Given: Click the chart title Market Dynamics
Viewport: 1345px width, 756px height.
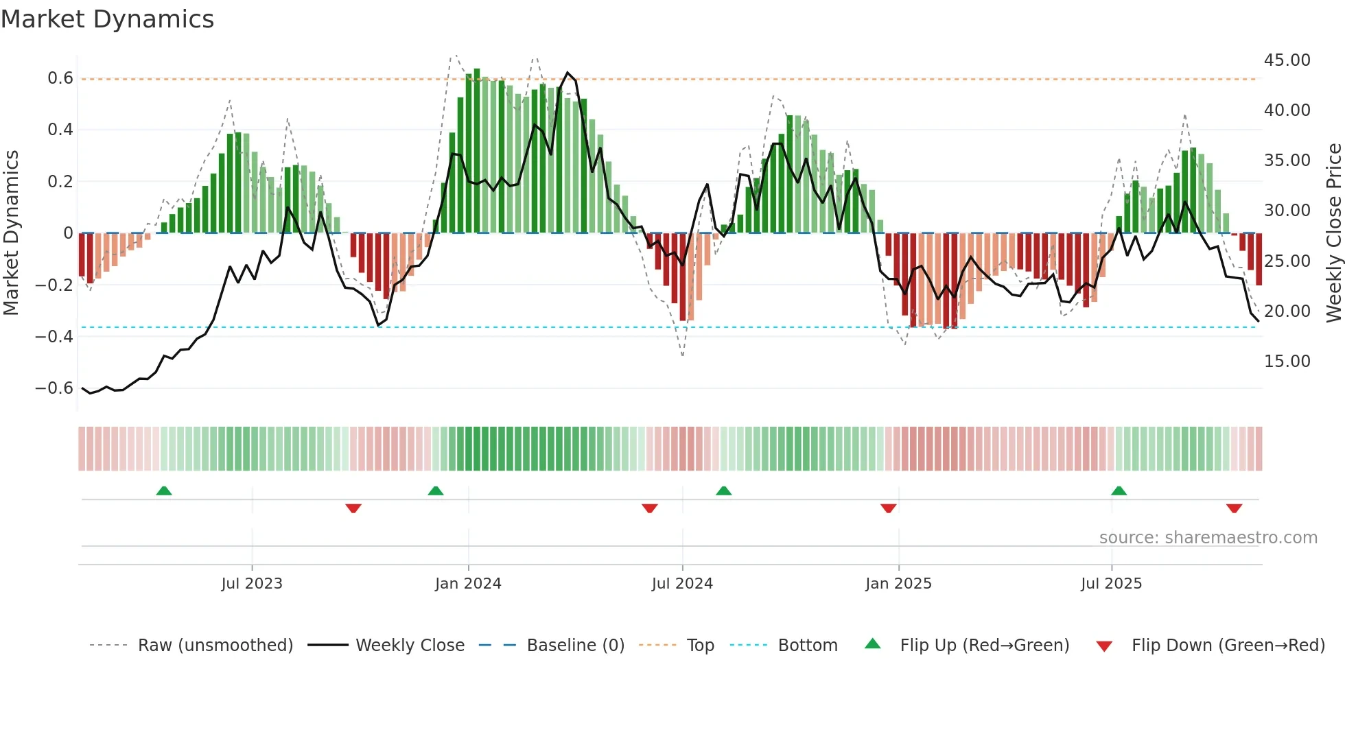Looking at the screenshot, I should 107,19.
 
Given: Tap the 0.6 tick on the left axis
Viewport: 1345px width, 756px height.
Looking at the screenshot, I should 60,78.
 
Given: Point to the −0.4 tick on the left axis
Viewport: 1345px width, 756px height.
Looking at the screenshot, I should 54,336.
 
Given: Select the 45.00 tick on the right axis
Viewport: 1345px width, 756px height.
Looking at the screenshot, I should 1287,60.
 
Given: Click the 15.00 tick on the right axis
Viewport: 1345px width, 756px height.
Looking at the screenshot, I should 1287,362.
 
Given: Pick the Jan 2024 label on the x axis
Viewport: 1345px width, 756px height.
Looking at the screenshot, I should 468,584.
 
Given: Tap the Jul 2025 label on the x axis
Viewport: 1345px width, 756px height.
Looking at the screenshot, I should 1111,584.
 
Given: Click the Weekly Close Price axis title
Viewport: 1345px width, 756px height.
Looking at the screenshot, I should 1333,233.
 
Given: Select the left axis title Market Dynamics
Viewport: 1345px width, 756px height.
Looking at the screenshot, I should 11,233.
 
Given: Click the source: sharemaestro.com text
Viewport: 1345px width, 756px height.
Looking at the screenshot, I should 1208,538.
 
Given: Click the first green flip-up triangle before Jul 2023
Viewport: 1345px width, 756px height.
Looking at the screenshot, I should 163,491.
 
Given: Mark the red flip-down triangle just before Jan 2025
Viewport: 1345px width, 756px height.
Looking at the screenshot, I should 888,508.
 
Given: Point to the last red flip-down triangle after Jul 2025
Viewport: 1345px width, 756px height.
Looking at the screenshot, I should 1234,508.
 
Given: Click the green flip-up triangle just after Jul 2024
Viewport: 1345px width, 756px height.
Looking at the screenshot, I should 723,491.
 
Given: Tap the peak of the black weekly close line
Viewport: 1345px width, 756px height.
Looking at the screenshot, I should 568,72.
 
